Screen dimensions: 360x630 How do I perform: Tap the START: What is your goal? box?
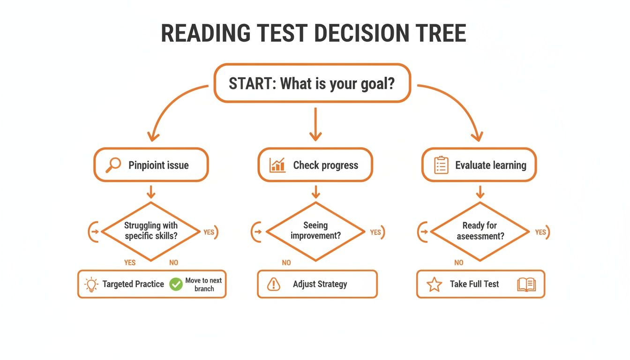312,83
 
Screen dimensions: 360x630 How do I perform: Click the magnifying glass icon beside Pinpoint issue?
113,165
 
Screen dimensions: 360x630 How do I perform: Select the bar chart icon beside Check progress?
277,165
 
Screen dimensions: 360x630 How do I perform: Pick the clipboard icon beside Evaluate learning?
441,165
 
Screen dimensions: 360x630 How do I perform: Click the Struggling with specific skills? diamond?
151,231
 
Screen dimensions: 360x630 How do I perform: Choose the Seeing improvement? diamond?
315,231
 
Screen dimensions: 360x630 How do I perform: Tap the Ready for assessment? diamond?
480,231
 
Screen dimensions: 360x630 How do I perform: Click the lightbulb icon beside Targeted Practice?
91,285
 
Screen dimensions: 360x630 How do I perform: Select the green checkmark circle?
176,284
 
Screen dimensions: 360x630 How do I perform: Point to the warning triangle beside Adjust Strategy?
273,284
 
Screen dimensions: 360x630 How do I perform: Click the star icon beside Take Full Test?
435,285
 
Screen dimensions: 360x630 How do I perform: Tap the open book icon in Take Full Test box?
526,285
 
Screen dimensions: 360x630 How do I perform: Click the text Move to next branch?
203,285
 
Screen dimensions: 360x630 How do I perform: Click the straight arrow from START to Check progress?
315,124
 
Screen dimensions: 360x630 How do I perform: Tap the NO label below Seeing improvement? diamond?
286,263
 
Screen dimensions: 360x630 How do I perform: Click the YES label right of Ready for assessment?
540,232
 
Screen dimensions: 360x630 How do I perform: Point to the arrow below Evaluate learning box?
480,191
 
